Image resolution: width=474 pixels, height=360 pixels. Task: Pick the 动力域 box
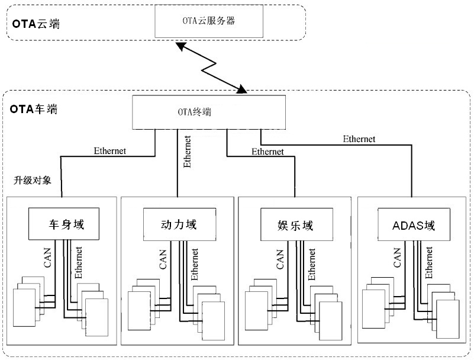178,225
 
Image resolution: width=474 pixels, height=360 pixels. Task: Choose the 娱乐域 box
295,225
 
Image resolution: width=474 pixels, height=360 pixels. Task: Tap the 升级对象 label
33,180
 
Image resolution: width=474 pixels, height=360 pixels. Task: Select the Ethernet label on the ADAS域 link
359,139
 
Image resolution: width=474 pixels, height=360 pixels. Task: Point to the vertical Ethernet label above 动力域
187,153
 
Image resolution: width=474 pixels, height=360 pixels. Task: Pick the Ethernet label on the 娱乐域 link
267,152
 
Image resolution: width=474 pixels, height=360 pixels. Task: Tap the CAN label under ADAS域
397,259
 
